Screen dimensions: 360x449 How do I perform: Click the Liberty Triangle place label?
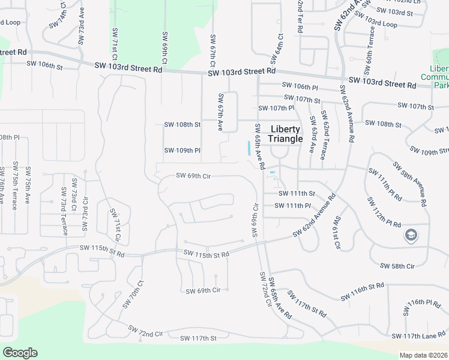(285, 134)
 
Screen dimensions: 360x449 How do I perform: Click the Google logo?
(20, 352)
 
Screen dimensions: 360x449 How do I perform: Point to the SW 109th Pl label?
(182, 150)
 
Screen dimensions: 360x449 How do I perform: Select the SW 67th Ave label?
(221, 112)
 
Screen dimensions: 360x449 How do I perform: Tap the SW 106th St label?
(44, 65)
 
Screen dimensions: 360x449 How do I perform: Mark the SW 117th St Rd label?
(307, 305)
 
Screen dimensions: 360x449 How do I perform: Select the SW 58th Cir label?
(397, 265)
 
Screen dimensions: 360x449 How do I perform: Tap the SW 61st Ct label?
(336, 232)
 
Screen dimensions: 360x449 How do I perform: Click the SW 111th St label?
(297, 193)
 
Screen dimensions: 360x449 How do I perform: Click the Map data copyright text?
(424, 355)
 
